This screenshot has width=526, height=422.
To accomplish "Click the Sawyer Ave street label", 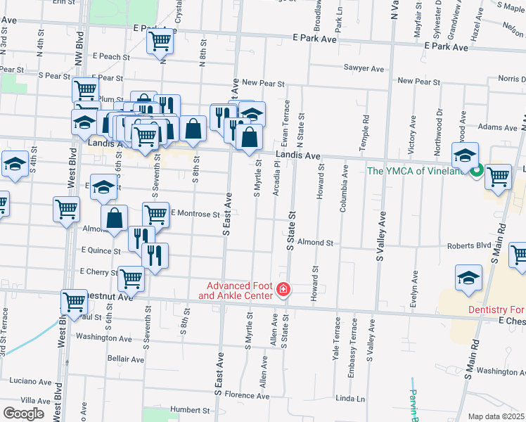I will pos(364,68).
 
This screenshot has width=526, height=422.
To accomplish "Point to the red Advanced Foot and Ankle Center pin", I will pos(283,290).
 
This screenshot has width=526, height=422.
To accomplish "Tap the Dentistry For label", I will pos(496,309).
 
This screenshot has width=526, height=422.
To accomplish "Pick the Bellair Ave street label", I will pos(125,359).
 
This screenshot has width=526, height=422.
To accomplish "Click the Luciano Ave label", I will pos(31,381).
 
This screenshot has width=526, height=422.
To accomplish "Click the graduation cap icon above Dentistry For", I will pos(468,278).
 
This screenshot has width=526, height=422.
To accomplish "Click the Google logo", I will pos(23,414).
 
